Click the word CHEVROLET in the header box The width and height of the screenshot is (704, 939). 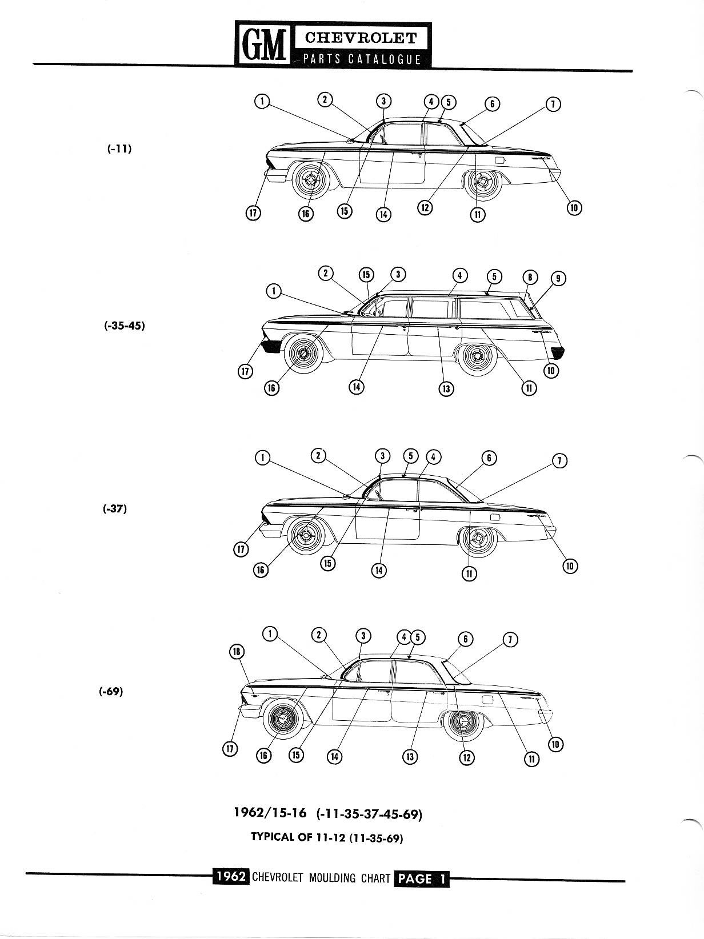click(x=361, y=38)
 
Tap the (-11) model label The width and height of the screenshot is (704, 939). click(x=119, y=149)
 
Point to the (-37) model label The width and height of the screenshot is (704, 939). click(x=115, y=509)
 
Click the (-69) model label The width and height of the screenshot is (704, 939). click(x=111, y=691)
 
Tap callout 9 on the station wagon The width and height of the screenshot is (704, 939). click(x=558, y=279)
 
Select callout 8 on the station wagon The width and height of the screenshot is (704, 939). click(x=530, y=277)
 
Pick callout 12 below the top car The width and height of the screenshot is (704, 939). click(x=425, y=208)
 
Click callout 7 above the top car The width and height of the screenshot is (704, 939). click(x=553, y=104)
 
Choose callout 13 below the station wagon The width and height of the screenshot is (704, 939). click(x=446, y=388)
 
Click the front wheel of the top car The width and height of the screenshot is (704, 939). click(x=310, y=182)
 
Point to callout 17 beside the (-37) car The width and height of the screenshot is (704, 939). click(x=241, y=549)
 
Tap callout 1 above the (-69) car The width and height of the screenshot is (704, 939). click(x=270, y=633)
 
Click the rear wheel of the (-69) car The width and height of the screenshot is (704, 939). click(x=465, y=722)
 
